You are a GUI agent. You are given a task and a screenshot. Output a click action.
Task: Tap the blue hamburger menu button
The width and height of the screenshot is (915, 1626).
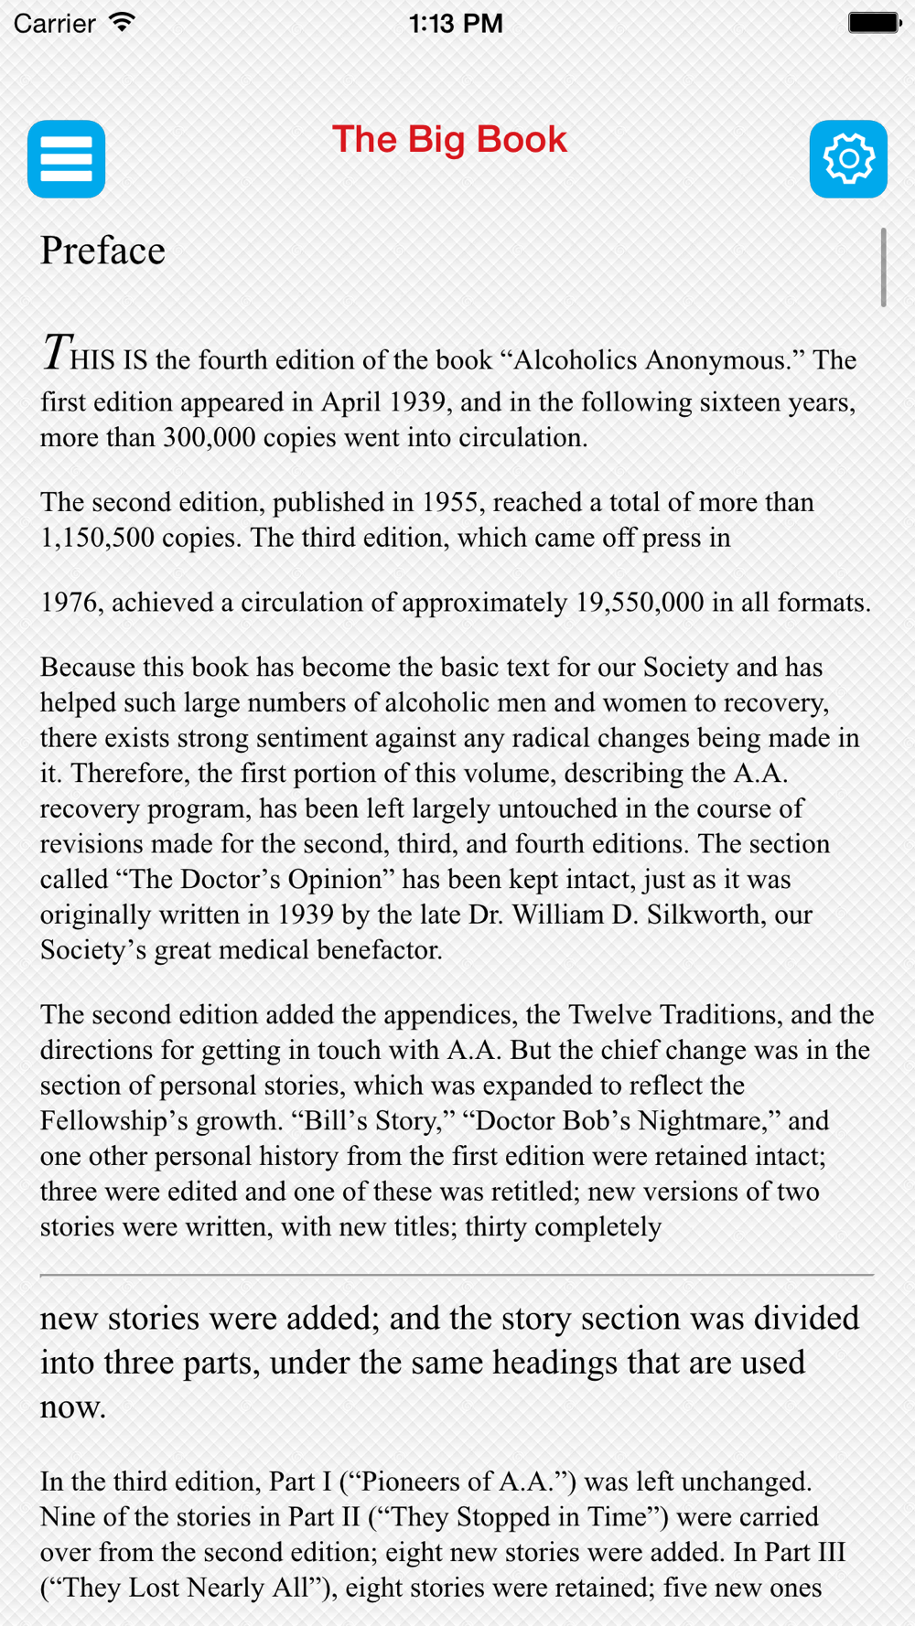point(66,159)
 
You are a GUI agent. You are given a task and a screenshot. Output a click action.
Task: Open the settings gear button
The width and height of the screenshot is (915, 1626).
point(848,159)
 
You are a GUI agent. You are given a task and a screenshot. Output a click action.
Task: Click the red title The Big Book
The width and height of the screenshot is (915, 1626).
point(449,140)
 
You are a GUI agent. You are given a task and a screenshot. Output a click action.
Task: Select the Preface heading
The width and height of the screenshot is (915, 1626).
point(102,251)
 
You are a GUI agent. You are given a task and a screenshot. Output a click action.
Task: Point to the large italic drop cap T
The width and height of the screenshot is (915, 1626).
point(56,353)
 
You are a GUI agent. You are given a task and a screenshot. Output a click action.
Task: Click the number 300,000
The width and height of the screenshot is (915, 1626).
point(210,438)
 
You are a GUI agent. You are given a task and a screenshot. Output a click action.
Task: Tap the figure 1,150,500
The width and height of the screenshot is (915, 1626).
point(97,538)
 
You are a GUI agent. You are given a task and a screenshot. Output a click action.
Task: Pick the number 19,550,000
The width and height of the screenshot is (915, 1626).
point(640,603)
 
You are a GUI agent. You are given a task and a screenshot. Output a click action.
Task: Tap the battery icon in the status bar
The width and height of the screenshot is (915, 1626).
point(874,23)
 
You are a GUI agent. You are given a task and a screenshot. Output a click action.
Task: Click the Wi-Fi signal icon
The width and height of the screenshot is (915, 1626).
point(122,23)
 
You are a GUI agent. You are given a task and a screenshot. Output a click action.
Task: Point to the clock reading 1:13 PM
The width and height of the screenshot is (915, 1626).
point(456,23)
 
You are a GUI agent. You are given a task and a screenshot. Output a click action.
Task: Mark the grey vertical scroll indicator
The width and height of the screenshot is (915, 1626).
point(883,267)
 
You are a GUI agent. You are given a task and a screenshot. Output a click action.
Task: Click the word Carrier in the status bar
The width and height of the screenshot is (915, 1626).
point(55,23)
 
